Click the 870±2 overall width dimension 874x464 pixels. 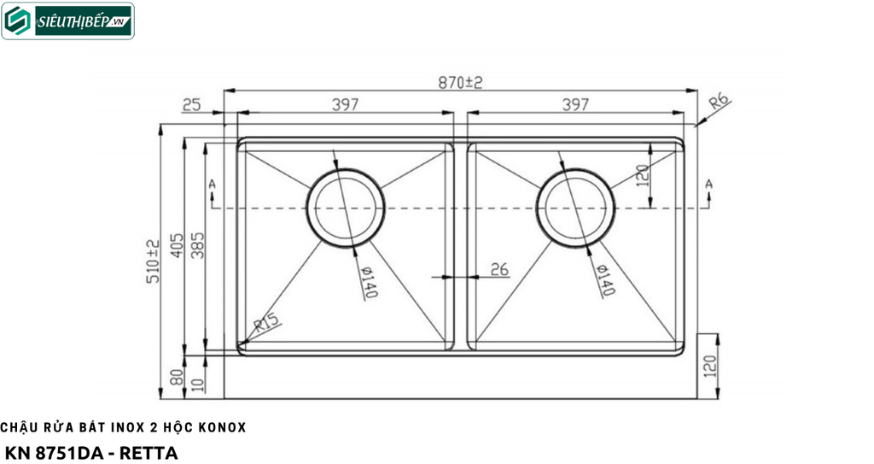point(460,83)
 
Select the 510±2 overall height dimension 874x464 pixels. point(153,261)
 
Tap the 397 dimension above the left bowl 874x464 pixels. point(346,104)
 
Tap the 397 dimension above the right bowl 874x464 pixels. point(575,104)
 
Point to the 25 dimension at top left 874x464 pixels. point(191,104)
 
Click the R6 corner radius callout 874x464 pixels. point(719,102)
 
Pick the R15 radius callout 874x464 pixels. point(266,323)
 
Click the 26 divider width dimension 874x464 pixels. point(499,270)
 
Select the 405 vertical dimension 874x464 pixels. point(177,245)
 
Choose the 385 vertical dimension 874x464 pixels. point(197,245)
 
